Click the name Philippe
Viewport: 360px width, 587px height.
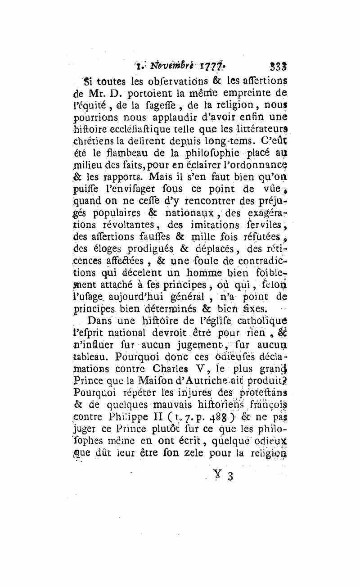pos(131,417)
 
